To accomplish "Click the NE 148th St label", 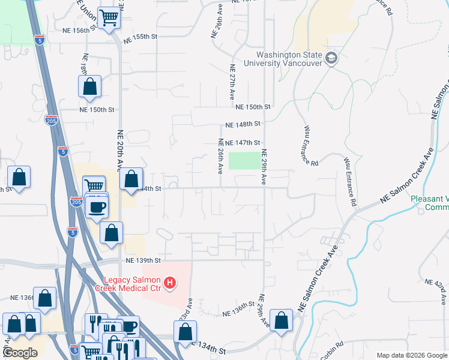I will click(x=243, y=124).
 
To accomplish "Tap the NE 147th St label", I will click(x=243, y=143).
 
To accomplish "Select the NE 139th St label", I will click(x=144, y=260).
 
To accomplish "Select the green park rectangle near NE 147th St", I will click(x=245, y=161).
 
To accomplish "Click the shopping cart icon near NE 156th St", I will click(x=109, y=17).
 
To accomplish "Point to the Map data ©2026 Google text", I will click(x=412, y=355).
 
